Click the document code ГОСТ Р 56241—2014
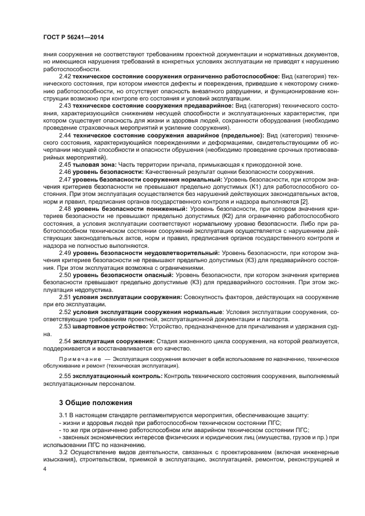point(72,37)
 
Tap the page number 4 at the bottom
point(45,469)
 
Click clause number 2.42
point(65,76)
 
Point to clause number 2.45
point(65,164)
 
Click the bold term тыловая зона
point(92,164)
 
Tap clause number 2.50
point(65,275)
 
